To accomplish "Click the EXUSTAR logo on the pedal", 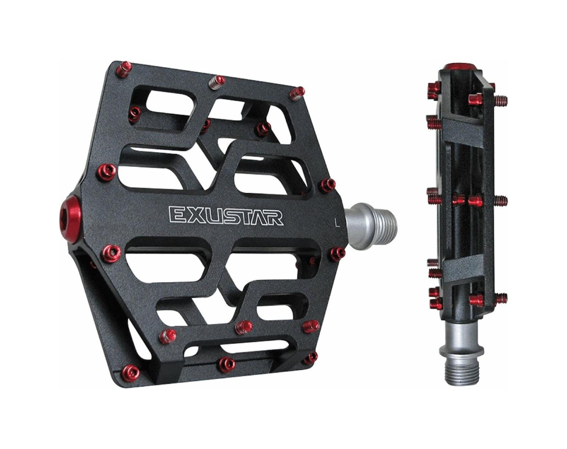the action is pyautogui.click(x=226, y=216).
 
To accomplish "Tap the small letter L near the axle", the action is pyautogui.click(x=337, y=222).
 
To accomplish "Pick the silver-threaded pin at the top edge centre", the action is pyautogui.click(x=216, y=82).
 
